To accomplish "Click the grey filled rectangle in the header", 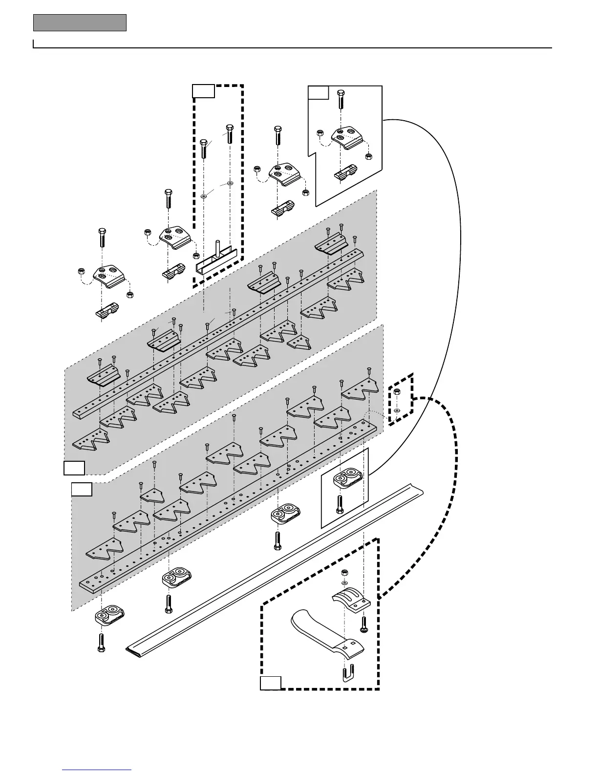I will coord(80,23).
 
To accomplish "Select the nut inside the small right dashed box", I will coord(397,392).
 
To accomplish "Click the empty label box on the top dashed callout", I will coord(203,91).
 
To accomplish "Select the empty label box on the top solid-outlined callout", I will coord(318,92).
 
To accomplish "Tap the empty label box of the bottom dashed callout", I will coord(270,683).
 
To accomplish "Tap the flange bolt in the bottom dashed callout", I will coord(363,624).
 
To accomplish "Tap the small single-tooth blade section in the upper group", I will coord(299,343).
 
